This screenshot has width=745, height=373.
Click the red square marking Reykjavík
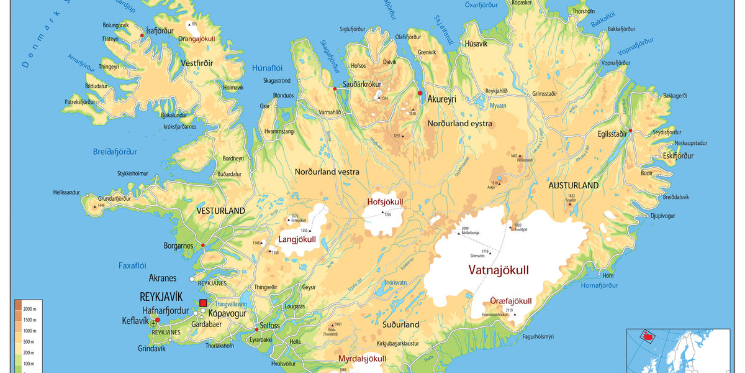coord(203,303)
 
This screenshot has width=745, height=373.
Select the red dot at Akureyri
coord(420,93)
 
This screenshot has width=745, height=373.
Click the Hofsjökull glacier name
coord(385,202)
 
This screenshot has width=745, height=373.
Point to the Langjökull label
coord(297,239)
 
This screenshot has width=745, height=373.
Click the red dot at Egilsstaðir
coord(630,131)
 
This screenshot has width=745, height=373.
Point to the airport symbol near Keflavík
coord(153,324)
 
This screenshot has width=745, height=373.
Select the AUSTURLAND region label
coord(574,185)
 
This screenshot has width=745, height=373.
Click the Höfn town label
coord(608,275)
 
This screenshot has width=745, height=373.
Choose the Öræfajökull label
coord(510,301)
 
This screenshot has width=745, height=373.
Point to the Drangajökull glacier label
coord(196,39)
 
